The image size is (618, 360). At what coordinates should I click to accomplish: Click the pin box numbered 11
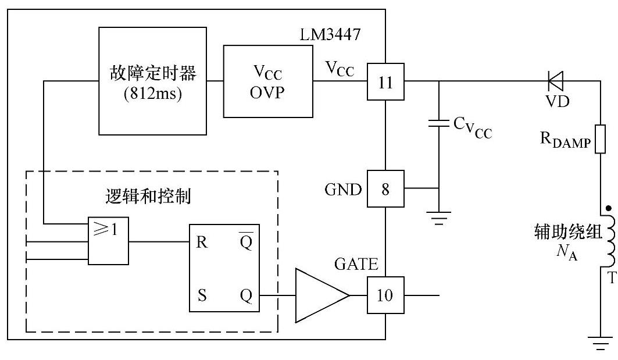click(x=385, y=82)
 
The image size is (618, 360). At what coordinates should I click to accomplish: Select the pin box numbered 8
click(x=385, y=188)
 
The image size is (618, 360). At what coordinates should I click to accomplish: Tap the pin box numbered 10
click(x=385, y=295)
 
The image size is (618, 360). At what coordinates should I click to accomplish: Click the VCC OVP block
click(x=268, y=82)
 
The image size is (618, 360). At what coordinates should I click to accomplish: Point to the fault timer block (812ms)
click(x=153, y=81)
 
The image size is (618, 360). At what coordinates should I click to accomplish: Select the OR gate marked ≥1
click(x=108, y=241)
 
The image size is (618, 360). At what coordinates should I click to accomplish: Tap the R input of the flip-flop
click(x=202, y=243)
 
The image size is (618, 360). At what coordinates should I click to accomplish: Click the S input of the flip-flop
click(x=202, y=296)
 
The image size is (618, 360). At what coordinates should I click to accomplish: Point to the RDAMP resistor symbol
click(x=601, y=138)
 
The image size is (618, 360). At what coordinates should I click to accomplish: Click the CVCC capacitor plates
click(x=439, y=123)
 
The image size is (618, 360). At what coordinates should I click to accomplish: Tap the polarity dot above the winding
click(x=609, y=207)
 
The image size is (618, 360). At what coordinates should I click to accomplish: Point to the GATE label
click(x=356, y=265)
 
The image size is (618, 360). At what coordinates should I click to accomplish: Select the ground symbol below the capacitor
click(x=439, y=219)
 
